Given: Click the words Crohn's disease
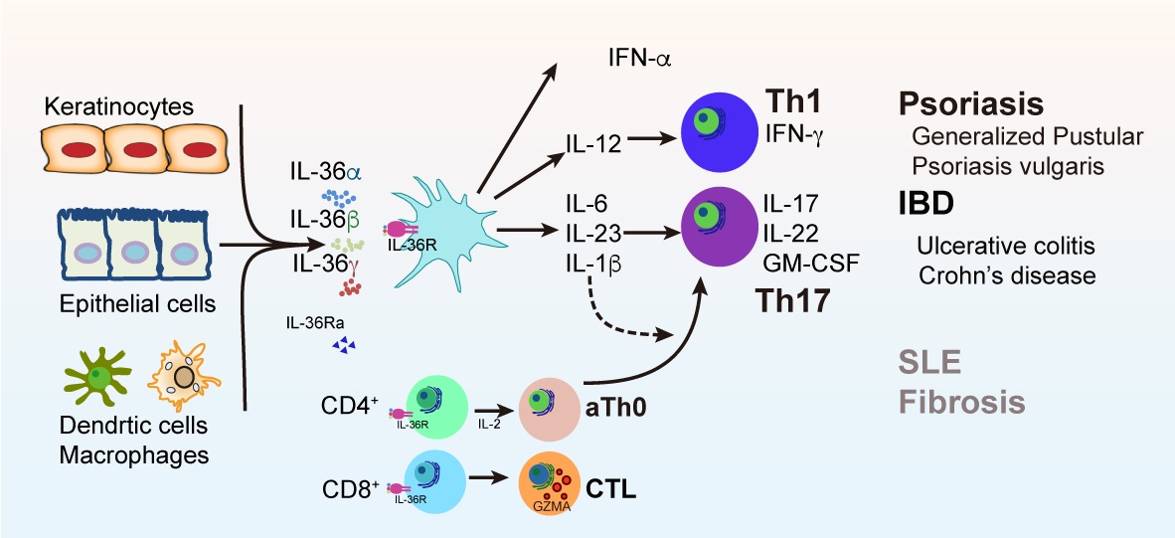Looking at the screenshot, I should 1006,275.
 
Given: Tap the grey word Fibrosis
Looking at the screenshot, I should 963,403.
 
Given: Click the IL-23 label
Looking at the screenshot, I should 594,234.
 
